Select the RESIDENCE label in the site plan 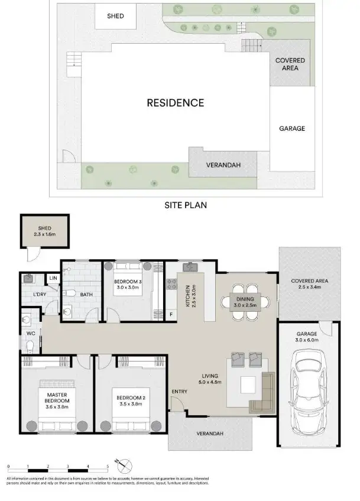175,102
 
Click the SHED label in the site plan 115,16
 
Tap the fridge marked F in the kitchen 171,314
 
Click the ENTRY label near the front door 180,392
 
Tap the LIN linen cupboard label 53,277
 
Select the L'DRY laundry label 39,294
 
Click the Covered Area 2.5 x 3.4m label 310,284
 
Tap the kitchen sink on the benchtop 191,267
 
